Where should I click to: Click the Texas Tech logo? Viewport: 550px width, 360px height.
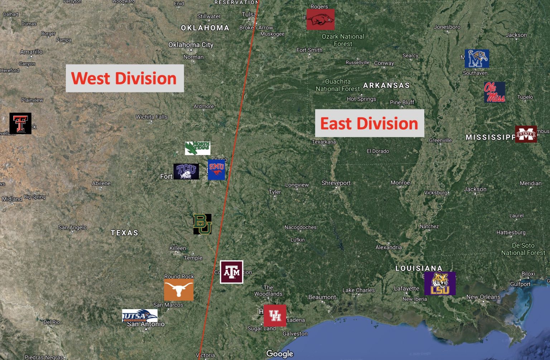20,123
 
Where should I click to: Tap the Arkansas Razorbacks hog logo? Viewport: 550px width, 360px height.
320,19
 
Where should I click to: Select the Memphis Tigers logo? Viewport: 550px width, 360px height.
477,59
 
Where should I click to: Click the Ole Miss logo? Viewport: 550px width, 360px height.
494,92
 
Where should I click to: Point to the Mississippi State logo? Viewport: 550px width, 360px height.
526,134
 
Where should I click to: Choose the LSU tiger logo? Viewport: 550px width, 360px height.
440,283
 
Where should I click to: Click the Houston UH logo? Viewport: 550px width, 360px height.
275,316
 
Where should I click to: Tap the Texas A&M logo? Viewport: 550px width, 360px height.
231,272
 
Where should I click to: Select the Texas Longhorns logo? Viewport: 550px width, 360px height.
179,290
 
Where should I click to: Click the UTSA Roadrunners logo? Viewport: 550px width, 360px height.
140,316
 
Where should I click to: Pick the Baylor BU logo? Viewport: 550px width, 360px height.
202,224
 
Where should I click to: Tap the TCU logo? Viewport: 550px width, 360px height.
186,171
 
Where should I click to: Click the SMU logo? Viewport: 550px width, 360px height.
216,170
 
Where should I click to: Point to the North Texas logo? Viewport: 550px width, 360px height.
197,148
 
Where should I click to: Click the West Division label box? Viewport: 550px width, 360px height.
125,78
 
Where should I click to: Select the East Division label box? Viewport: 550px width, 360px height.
369,123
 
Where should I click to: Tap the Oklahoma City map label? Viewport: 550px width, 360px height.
191,45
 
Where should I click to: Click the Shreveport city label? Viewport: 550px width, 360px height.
336,183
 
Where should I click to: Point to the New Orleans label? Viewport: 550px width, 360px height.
483,297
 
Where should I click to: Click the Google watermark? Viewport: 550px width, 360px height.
280,354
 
